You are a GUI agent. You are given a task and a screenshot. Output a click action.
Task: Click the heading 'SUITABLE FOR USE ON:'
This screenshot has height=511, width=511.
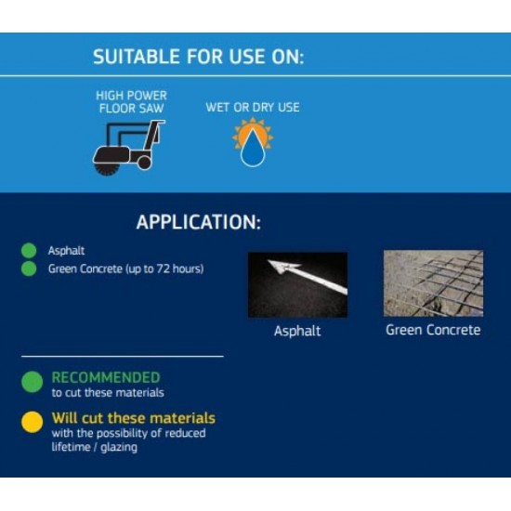click(199, 57)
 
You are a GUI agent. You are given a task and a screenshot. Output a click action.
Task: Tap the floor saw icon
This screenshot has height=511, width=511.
click(129, 148)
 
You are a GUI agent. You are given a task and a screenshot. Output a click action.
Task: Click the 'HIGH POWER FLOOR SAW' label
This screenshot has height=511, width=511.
click(131, 102)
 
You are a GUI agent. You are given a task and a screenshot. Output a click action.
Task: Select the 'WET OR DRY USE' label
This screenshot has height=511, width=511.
click(253, 107)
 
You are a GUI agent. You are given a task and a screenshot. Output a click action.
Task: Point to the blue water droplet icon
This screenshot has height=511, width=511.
click(253, 149)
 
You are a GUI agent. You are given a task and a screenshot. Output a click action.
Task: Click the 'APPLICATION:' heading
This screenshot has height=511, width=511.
click(199, 222)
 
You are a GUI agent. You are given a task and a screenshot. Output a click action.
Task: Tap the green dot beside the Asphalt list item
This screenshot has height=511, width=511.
click(29, 250)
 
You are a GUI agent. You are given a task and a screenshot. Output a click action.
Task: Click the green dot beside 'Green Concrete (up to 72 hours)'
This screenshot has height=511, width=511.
click(29, 269)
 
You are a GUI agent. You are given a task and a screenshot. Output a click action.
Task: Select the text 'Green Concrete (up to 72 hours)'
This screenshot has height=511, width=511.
click(125, 269)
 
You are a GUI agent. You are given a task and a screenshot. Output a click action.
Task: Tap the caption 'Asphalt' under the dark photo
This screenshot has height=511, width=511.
click(297, 331)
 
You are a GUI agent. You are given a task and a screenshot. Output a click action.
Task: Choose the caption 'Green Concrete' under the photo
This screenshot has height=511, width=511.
click(433, 330)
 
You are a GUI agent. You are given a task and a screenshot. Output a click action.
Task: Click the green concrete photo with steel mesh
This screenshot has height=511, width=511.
click(433, 283)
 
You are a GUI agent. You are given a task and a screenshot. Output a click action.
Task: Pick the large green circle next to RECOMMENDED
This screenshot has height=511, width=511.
click(32, 382)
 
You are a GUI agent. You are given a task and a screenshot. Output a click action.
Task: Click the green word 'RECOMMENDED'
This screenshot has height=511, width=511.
click(106, 377)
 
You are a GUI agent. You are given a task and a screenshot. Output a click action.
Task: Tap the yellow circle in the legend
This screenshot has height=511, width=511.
click(32, 422)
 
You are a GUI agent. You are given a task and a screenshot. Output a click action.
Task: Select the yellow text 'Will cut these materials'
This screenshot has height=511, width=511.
click(134, 418)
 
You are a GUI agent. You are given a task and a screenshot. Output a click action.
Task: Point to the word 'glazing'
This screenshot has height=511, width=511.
click(119, 448)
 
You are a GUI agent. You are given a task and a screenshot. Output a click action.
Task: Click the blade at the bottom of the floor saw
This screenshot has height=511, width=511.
click(106, 169)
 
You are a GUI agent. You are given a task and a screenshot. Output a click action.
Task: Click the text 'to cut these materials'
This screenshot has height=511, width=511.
click(108, 393)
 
